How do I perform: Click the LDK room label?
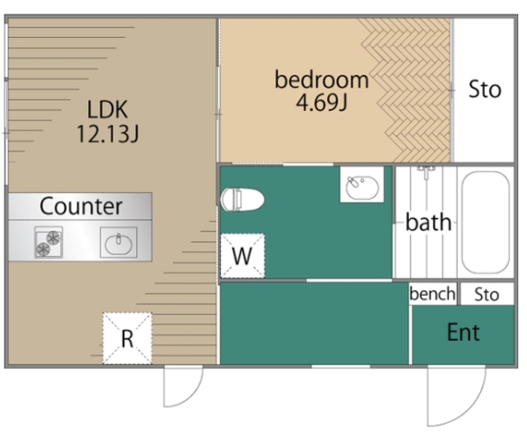[x=107, y=110]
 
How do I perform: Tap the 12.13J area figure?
[x=108, y=133]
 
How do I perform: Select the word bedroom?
[x=322, y=79]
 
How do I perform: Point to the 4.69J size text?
[x=321, y=102]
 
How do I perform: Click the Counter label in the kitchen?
[x=81, y=206]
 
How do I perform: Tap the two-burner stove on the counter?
[x=49, y=242]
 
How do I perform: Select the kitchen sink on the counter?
[x=119, y=243]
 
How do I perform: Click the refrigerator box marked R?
[x=127, y=339]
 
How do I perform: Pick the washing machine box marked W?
[x=242, y=256]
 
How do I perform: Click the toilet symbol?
[x=242, y=199]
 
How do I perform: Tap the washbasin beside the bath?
[x=362, y=184]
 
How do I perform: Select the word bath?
[x=428, y=222]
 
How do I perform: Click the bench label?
[x=432, y=294]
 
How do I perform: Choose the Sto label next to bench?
[x=487, y=295]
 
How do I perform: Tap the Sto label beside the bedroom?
[x=485, y=89]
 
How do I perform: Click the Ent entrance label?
[x=463, y=333]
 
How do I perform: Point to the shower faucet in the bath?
[x=427, y=171]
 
